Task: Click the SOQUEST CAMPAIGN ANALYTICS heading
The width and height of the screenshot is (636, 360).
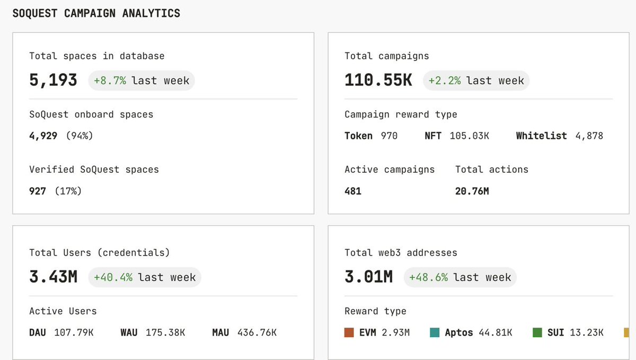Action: [96, 13]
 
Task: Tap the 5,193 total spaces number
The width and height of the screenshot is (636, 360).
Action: [53, 81]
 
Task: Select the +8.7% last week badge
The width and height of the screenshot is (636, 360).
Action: [142, 81]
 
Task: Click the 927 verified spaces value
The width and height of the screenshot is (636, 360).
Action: [38, 191]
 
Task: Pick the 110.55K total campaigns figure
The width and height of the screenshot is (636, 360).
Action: [378, 81]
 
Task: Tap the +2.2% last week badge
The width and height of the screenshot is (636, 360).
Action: [476, 81]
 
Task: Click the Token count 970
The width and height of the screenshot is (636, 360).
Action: [389, 136]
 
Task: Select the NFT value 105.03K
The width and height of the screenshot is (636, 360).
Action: [469, 136]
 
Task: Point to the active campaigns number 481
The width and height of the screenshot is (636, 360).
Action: [353, 191]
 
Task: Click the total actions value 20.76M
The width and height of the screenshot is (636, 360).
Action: [472, 191]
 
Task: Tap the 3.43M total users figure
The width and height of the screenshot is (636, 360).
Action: [54, 277]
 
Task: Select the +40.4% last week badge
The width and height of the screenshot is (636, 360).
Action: [145, 277]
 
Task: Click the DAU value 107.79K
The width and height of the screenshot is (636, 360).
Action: [74, 333]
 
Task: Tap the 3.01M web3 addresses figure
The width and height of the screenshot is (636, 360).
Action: [369, 277]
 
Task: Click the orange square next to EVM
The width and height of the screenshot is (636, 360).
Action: [349, 333]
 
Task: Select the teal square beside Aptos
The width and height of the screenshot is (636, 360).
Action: [435, 333]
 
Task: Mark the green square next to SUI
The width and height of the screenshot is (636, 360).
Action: [537, 333]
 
